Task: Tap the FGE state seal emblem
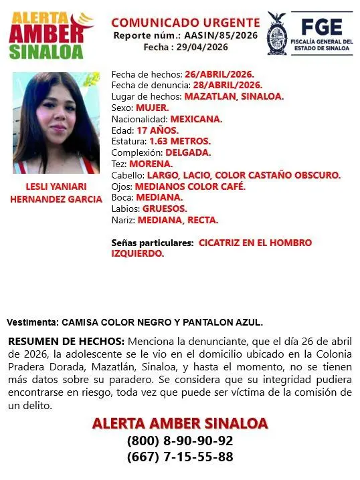point(278,33)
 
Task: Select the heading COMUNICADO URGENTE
point(185,23)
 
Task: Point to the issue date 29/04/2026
point(204,47)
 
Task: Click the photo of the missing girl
point(56,123)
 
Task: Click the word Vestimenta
point(32,322)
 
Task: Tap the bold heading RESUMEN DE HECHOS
point(66,341)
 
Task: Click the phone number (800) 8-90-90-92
point(179,441)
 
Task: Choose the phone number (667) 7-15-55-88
point(179,457)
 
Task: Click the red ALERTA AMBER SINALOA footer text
point(179,423)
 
